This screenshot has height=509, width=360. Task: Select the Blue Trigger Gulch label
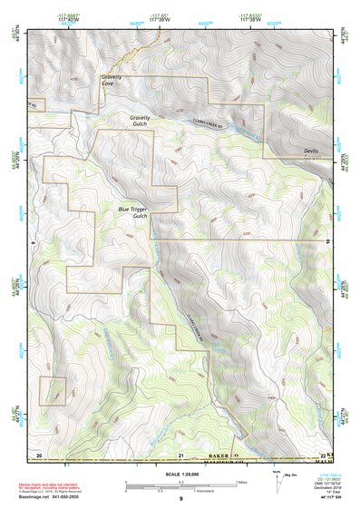coord(133,212)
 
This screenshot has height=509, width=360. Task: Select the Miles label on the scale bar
coord(239,482)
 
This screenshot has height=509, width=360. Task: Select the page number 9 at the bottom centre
coord(180,500)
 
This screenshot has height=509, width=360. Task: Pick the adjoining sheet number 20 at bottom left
coord(39,454)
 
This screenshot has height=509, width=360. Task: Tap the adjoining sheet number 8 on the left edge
coord(32,243)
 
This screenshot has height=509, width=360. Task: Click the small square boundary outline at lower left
coord(53,390)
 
